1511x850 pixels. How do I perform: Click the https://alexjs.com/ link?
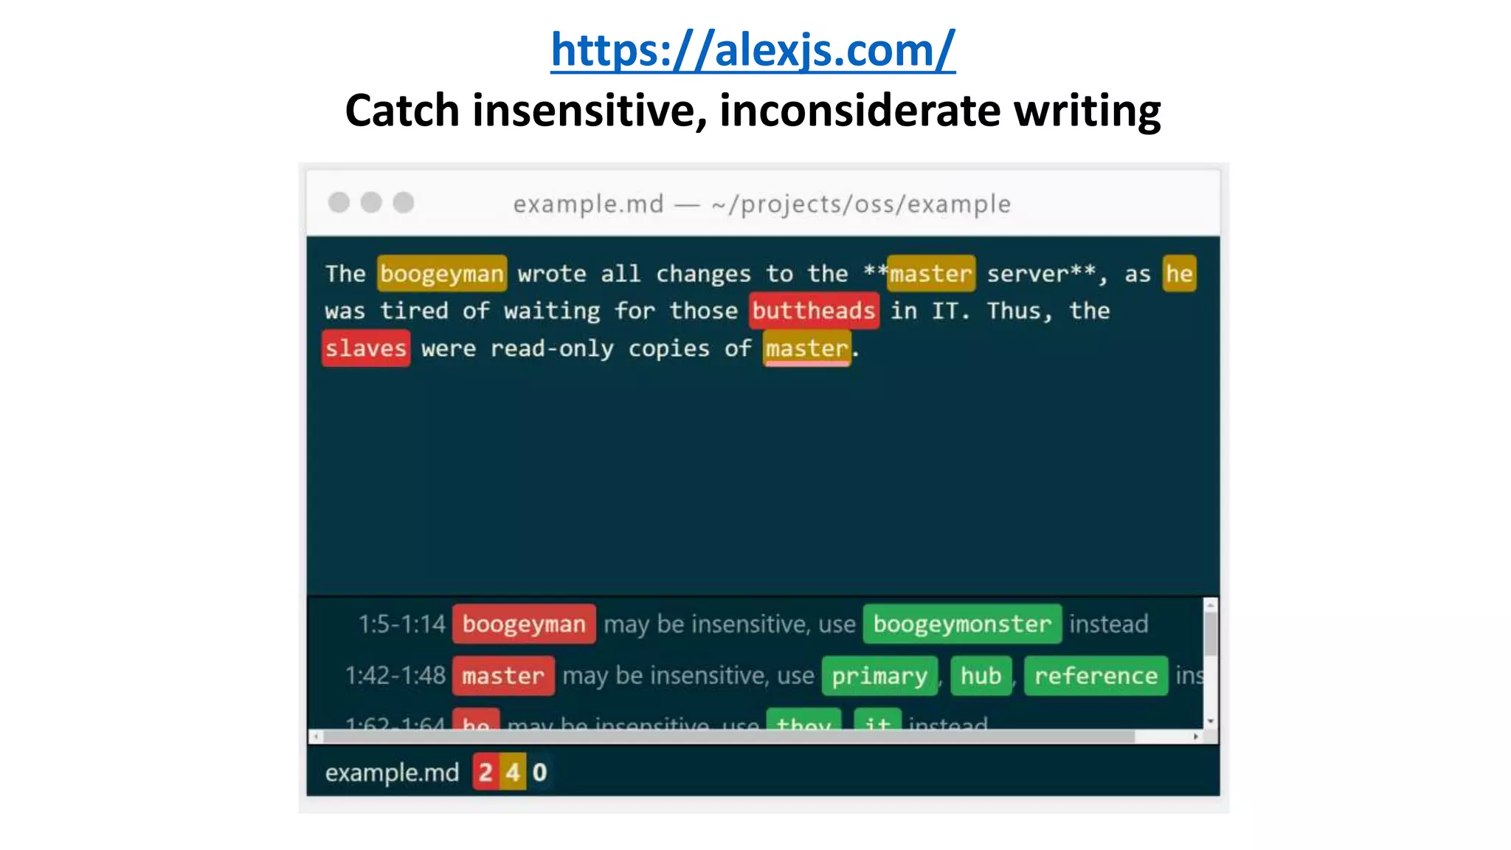tap(753, 50)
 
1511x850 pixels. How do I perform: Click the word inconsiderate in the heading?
tap(860, 111)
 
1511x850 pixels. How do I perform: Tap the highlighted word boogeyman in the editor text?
tap(441, 274)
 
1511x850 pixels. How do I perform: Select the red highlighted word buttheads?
tap(813, 311)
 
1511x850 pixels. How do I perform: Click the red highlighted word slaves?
tap(366, 348)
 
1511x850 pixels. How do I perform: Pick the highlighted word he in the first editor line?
tap(1178, 274)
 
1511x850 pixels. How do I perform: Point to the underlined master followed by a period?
tap(806, 348)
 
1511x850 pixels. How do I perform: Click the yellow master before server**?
tap(930, 274)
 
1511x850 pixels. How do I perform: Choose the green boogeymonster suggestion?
tap(961, 624)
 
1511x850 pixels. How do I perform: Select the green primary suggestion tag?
tap(879, 676)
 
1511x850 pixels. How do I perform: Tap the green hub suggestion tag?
tap(981, 676)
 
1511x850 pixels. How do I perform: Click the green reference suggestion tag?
tap(1096, 676)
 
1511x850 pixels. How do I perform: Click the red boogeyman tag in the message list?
tap(524, 624)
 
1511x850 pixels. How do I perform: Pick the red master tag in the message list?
tap(503, 676)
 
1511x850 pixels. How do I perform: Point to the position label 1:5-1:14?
tap(402, 624)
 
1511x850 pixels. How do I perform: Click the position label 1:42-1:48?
tap(395, 676)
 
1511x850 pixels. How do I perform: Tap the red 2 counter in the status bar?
tap(485, 773)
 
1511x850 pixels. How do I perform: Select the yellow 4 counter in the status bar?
tap(513, 773)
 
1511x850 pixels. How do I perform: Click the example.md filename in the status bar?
tap(392, 773)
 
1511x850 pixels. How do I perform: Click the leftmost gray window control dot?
tap(339, 202)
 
